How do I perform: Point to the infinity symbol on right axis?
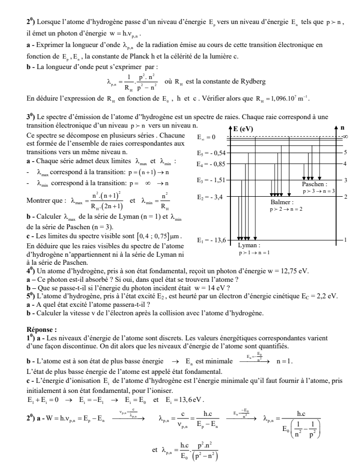(x=345, y=137)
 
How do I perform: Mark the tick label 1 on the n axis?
(x=345, y=240)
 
